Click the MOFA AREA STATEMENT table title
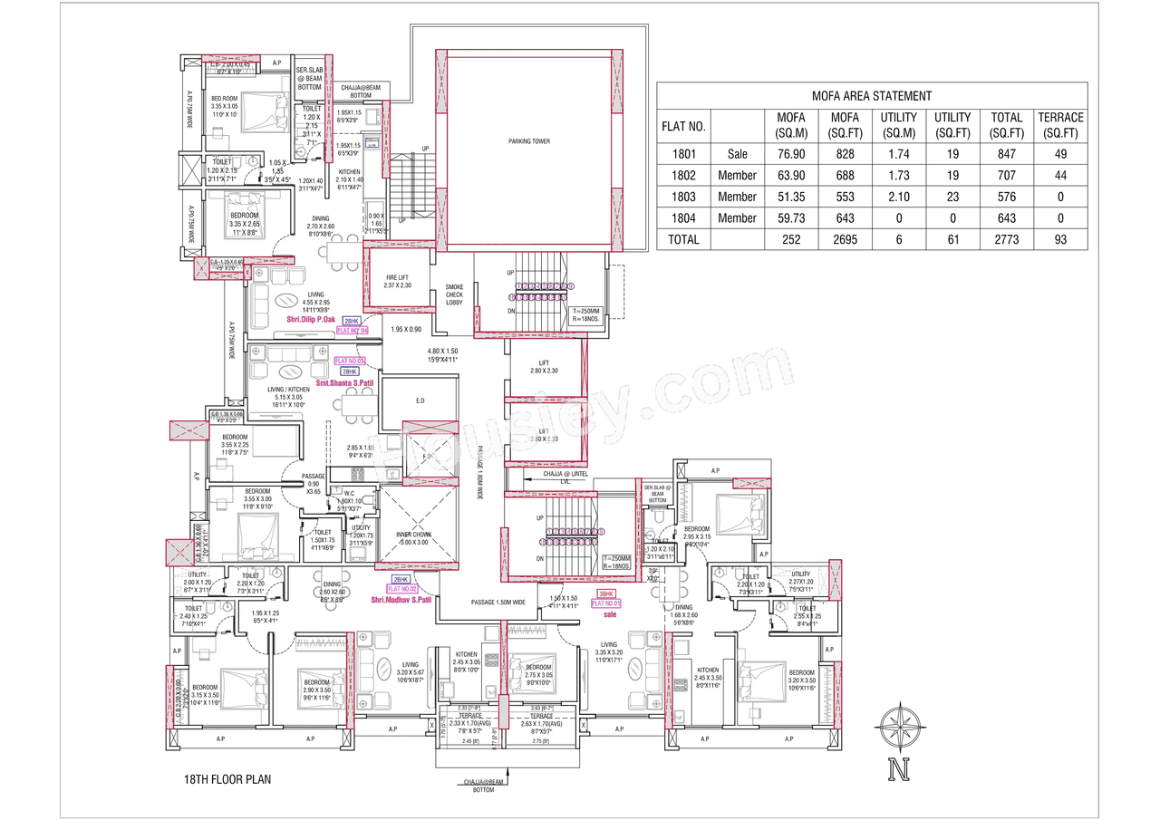tap(872, 95)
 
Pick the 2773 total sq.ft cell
tap(1006, 240)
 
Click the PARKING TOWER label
tap(528, 141)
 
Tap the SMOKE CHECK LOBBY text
tap(454, 294)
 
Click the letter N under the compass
tap(900, 770)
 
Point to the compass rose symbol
tap(900, 724)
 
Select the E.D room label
tap(420, 400)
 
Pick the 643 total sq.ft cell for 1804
tap(1006, 218)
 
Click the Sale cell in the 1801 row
tap(737, 154)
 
